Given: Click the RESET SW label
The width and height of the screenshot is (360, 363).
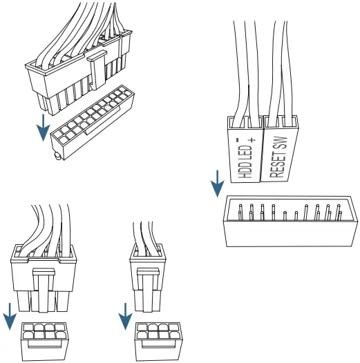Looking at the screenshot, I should (277, 155).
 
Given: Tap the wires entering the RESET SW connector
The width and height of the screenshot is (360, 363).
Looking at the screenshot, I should (276, 69).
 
